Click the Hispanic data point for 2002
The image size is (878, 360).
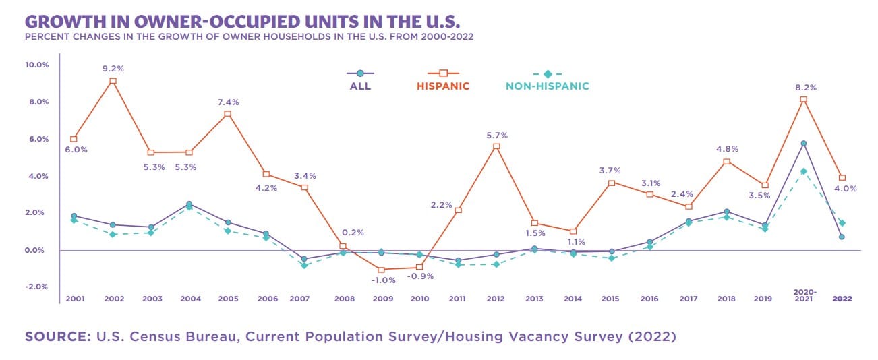[113, 81]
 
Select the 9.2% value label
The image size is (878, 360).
[113, 68]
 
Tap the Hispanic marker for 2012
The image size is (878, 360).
[497, 146]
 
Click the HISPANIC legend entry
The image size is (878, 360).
[443, 86]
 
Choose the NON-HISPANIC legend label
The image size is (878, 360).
[548, 86]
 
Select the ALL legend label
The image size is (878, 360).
[360, 86]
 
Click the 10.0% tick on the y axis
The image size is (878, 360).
[37, 65]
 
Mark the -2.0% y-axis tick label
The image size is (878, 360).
[37, 287]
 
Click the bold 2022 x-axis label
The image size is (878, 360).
[842, 298]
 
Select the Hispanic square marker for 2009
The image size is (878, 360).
[382, 270]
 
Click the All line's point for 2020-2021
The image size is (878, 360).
[804, 143]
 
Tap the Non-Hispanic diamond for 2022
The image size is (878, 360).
[842, 223]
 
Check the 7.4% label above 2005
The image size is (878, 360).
[228, 102]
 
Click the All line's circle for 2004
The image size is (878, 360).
[189, 204]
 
